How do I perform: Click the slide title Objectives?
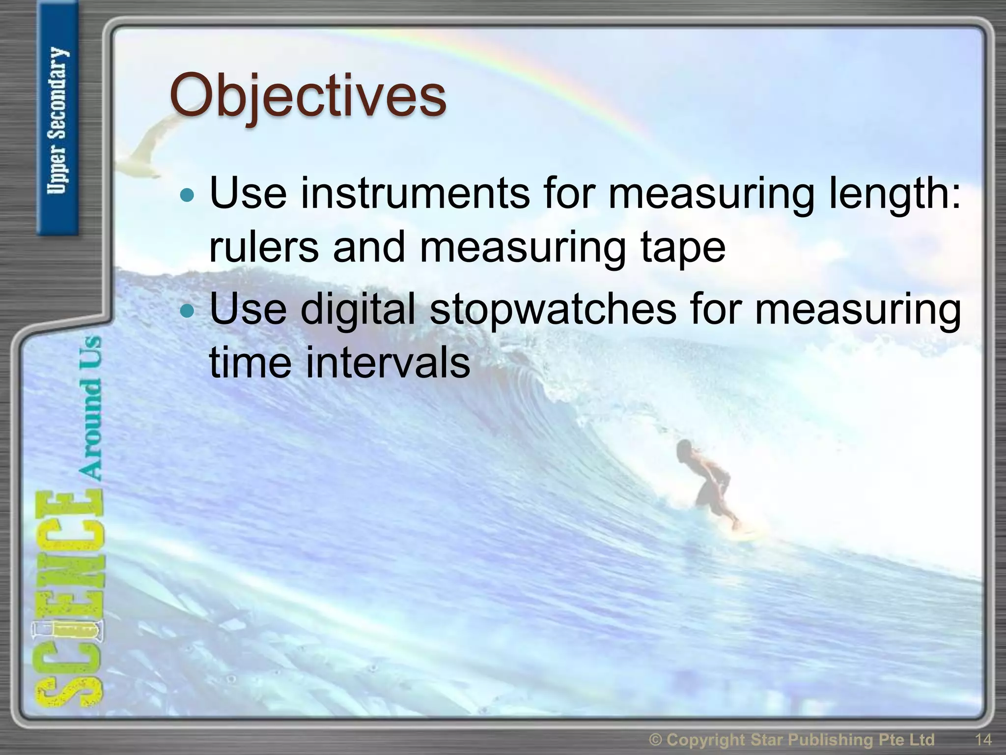click(308, 96)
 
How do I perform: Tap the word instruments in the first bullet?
click(415, 194)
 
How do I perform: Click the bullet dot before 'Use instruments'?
click(188, 196)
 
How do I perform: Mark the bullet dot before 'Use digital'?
click(188, 311)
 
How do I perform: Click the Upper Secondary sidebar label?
click(58, 120)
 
